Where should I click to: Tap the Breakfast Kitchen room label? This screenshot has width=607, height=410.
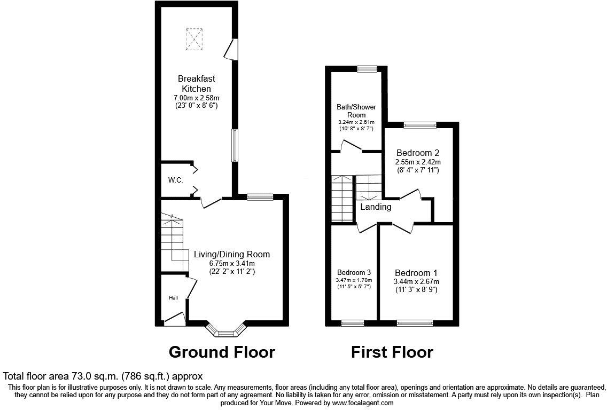click(196, 83)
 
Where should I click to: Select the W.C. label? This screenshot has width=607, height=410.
click(176, 180)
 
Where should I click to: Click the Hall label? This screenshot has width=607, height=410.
click(174, 298)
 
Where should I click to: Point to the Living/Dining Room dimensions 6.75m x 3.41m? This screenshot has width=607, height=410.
click(232, 263)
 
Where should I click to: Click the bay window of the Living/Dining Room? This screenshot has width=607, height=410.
click(225, 332)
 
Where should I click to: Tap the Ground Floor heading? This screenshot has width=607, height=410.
click(222, 352)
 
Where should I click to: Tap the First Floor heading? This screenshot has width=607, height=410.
click(392, 352)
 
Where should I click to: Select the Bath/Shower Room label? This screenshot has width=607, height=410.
click(356, 111)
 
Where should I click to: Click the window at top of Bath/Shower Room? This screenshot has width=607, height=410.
click(367, 68)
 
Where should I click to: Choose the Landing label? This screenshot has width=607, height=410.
click(376, 207)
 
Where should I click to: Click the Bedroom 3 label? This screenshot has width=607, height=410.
click(354, 271)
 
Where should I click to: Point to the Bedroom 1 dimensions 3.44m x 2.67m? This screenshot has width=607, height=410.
click(416, 282)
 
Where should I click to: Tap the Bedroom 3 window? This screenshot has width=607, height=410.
click(353, 322)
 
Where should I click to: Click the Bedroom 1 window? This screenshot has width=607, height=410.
click(415, 322)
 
